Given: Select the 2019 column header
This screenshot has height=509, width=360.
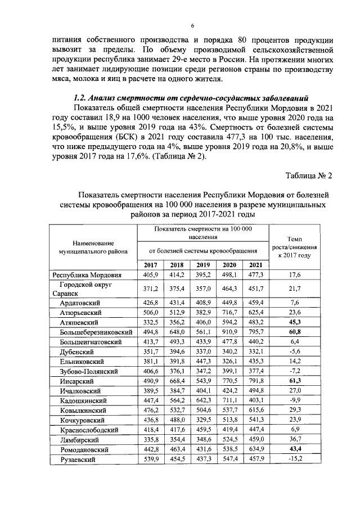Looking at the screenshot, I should click(x=204, y=265).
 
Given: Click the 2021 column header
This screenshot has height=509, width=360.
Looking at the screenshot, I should click(x=256, y=265).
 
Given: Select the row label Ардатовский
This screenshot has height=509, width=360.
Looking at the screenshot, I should click(x=83, y=303).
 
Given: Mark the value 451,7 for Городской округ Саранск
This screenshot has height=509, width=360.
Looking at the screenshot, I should click(x=256, y=289).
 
